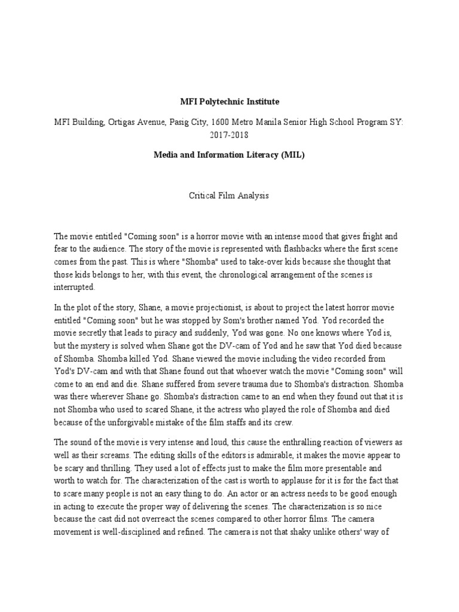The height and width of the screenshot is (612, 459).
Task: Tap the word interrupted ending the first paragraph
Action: [74, 287]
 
